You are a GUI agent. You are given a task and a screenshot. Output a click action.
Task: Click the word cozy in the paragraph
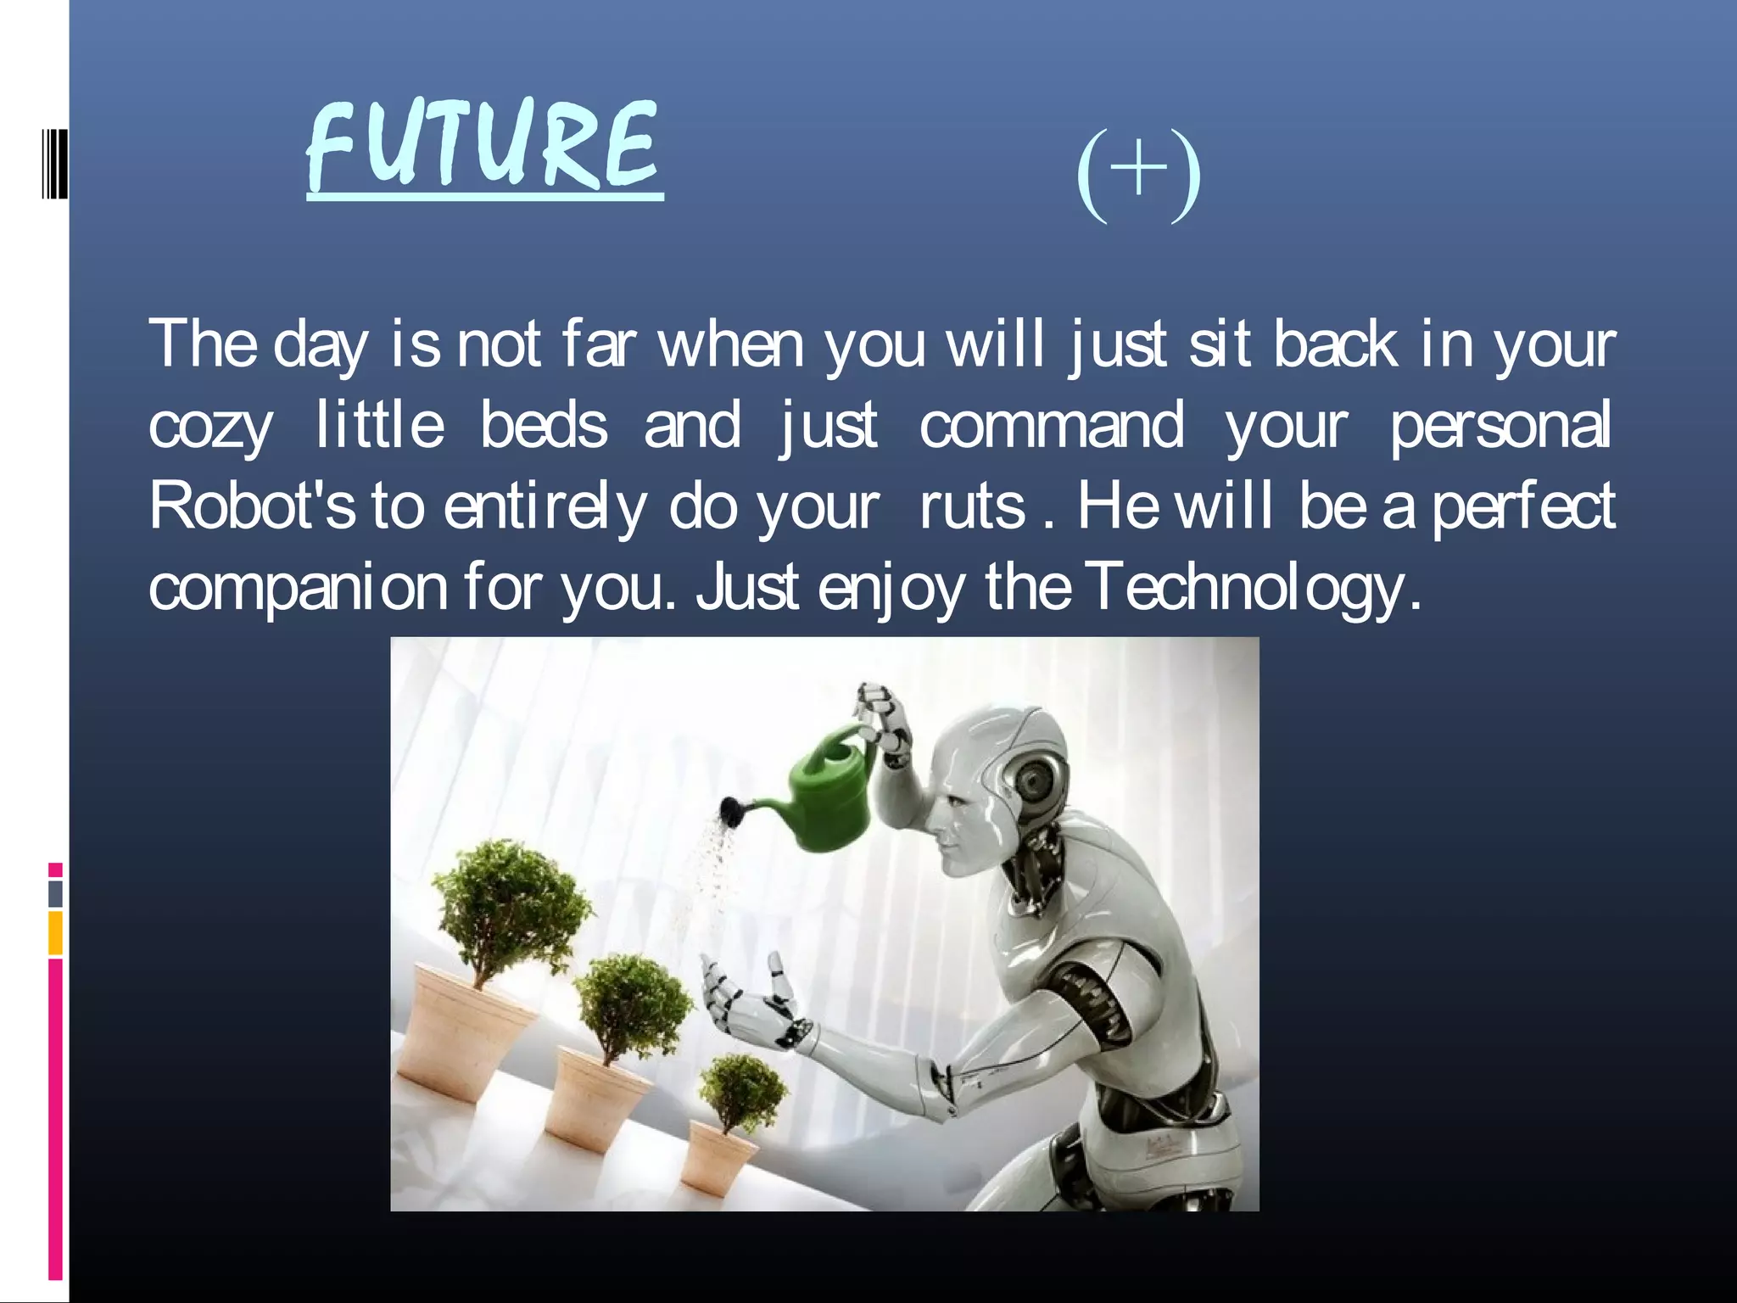pos(211,427)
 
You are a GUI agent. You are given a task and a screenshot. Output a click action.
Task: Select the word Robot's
pos(252,506)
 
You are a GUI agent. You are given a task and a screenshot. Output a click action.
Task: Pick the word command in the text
pos(1052,425)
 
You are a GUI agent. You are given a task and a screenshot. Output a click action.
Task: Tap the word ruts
pos(973,506)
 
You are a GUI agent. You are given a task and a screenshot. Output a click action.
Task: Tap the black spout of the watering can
pos(731,810)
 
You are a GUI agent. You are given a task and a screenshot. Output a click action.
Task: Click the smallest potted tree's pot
pos(717,1162)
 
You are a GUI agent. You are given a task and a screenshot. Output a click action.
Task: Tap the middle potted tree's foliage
pos(632,1001)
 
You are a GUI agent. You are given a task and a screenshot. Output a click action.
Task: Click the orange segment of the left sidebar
pos(55,933)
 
